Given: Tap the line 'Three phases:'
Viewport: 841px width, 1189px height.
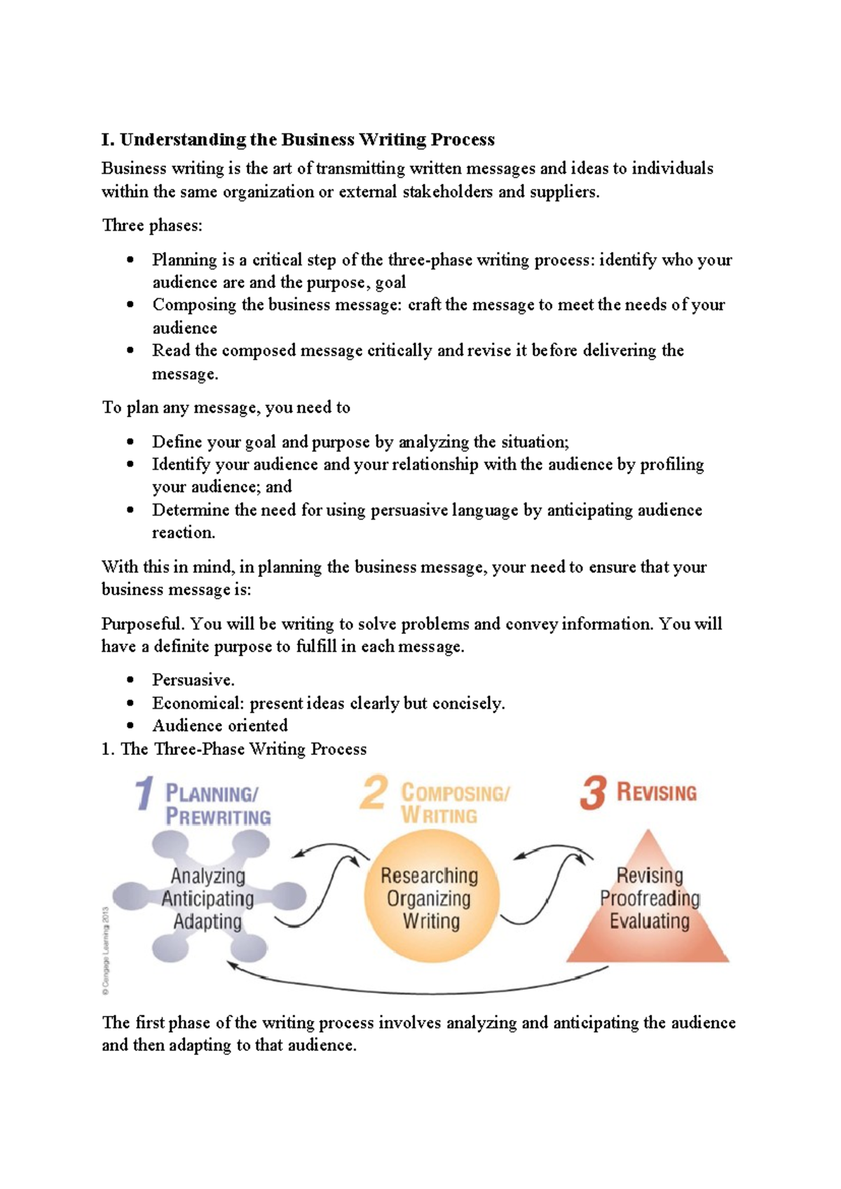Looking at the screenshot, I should click(152, 225).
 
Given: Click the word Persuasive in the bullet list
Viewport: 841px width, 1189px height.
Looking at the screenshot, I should click(193, 680).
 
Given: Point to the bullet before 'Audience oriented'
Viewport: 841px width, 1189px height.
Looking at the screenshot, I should click(130, 726).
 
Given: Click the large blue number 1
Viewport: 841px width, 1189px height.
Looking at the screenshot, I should click(144, 794).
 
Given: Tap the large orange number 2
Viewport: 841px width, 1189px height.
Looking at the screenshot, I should click(374, 793).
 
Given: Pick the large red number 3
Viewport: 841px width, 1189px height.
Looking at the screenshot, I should click(593, 793).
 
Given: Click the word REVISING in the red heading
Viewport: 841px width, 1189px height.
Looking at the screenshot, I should click(657, 793).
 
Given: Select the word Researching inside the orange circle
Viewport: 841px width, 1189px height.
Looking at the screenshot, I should click(429, 876).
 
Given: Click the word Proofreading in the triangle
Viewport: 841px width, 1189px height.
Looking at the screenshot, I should click(650, 898).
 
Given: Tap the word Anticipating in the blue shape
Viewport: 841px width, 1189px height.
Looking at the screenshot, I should click(207, 899).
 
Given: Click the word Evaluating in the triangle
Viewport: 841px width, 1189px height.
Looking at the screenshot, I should click(650, 921).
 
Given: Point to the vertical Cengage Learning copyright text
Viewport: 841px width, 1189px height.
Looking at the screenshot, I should click(106, 950).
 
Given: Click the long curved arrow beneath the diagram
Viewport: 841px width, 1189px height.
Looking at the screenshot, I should click(420, 991).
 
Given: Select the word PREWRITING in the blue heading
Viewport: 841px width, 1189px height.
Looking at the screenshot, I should click(218, 817).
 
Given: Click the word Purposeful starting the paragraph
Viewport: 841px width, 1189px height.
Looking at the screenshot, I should click(142, 624).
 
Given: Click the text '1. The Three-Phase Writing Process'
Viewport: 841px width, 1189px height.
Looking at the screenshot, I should click(234, 749).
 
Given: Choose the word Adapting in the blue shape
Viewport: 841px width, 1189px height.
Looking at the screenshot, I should click(207, 922).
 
